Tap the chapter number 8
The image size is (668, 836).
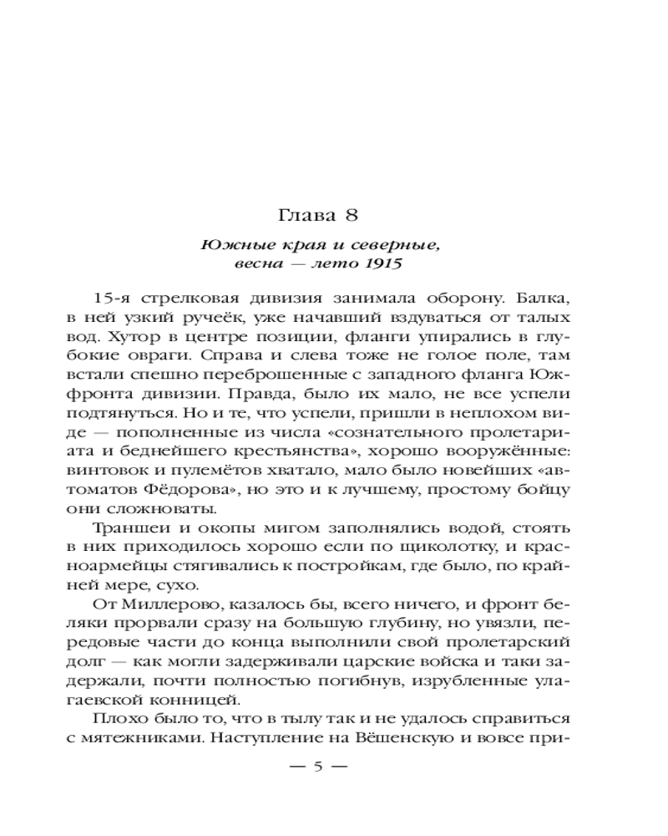point(352,215)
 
